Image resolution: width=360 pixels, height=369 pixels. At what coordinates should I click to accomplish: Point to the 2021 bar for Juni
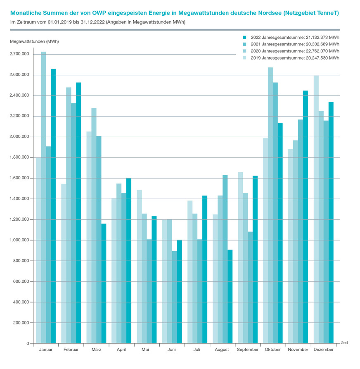tap(175, 297)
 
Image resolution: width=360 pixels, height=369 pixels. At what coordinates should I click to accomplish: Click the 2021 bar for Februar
tap(73, 223)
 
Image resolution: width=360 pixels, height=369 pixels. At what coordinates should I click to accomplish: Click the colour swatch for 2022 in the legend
tap(244, 37)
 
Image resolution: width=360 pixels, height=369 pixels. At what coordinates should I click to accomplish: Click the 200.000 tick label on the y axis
tap(19, 323)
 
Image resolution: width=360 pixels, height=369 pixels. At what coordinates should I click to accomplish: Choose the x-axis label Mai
tap(145, 350)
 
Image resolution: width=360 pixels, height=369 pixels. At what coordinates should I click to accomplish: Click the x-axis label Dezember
tap(324, 350)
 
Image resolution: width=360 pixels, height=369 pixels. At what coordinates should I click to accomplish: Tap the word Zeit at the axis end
tap(344, 343)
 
